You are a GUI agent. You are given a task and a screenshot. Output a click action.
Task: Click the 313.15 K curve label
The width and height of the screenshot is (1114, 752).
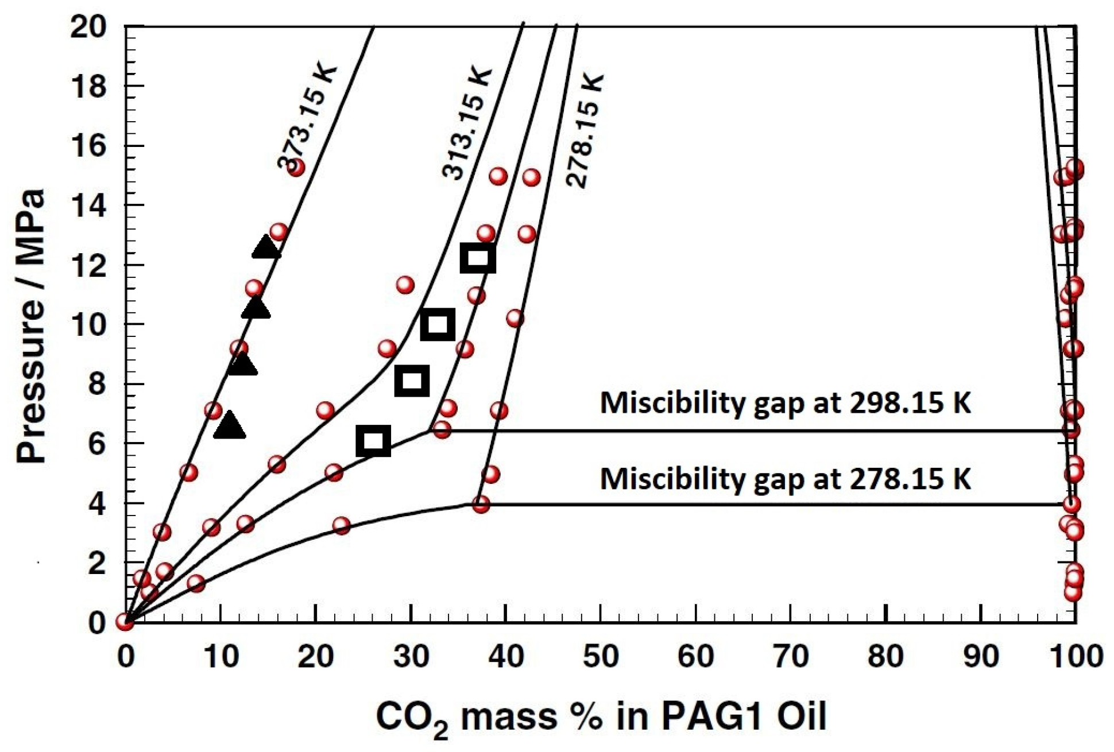[467, 123]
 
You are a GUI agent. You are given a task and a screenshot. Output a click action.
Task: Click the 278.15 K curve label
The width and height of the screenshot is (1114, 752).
[585, 130]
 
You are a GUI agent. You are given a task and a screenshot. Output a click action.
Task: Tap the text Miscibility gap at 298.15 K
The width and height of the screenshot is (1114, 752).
[785, 403]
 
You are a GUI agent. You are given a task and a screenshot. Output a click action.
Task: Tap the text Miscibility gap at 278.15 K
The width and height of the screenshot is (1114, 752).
[785, 478]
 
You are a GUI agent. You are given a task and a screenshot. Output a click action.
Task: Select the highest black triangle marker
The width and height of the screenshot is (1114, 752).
[266, 247]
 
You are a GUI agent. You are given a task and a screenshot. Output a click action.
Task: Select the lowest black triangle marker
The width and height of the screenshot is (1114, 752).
[229, 426]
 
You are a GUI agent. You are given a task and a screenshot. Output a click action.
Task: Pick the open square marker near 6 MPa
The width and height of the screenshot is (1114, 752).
[373, 441]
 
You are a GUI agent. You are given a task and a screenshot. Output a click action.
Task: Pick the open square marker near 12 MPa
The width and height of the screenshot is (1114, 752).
[478, 258]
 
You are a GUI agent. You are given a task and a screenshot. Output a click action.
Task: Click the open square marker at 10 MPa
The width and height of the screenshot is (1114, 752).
[438, 324]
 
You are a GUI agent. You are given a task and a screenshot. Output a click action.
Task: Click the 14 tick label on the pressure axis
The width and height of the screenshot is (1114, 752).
[88, 206]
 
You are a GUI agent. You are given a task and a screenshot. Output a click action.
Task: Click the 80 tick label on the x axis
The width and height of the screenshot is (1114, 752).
[885, 656]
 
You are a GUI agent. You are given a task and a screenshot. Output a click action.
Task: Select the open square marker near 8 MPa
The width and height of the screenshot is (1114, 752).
[412, 381]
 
